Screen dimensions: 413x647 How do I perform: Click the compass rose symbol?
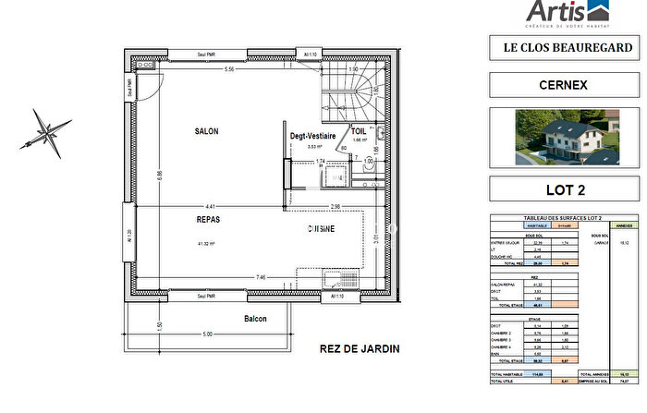pyautogui.click(x=47, y=129)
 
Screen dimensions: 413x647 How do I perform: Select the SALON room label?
pyautogui.click(x=206, y=132)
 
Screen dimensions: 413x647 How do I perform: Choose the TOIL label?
pyautogui.click(x=359, y=132)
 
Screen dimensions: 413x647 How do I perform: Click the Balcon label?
pyautogui.click(x=255, y=319)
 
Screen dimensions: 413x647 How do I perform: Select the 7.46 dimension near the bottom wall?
pyautogui.click(x=262, y=276)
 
